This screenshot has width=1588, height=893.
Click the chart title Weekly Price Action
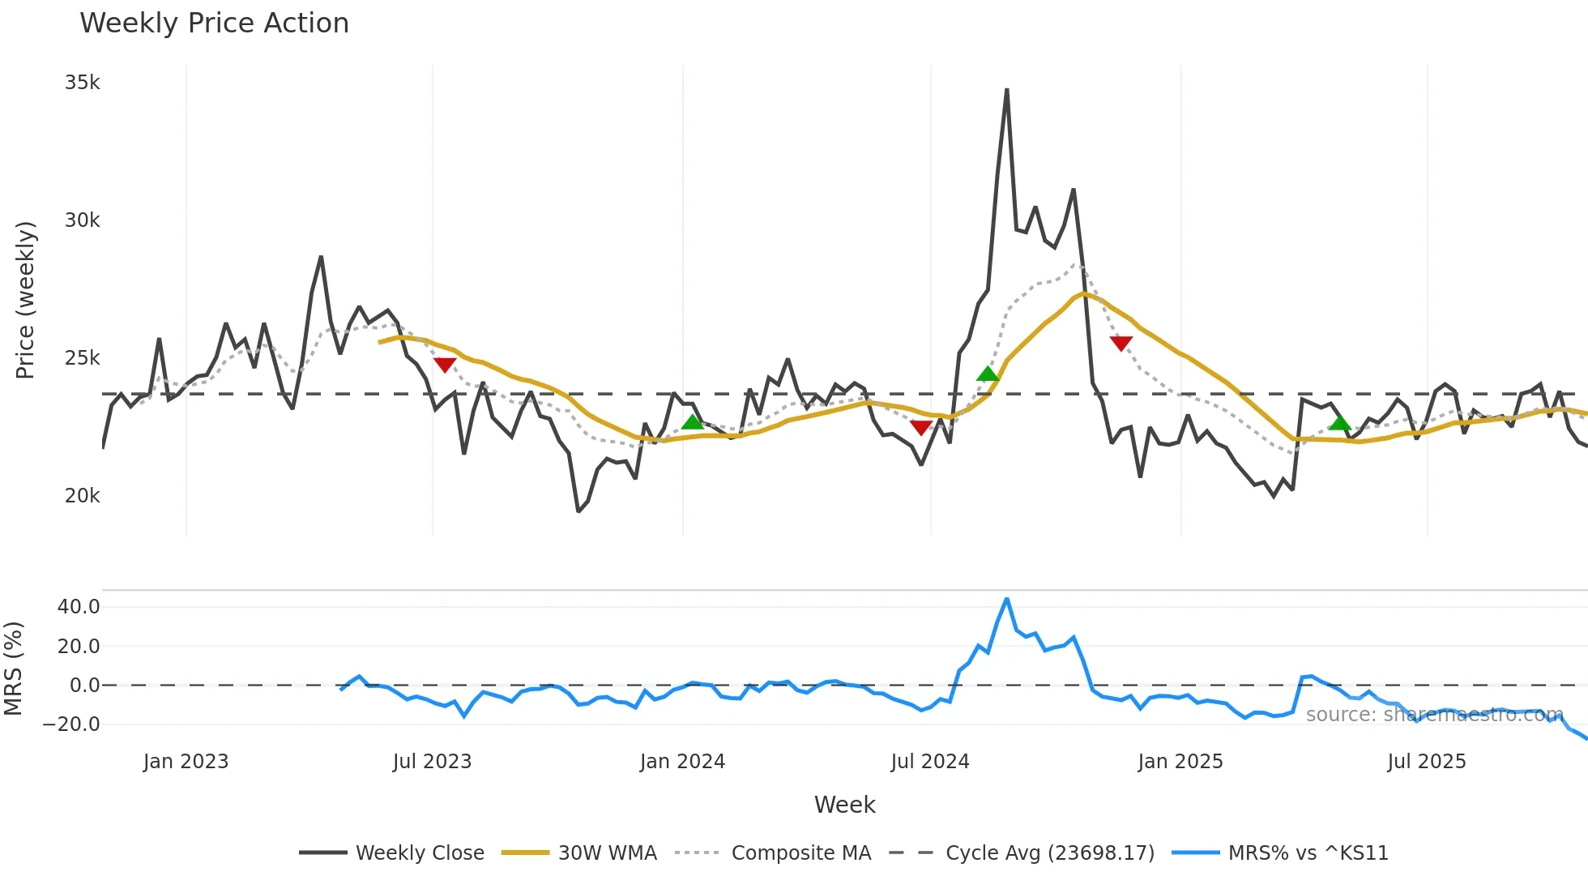coord(214,23)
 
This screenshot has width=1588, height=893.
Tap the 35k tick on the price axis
coord(82,83)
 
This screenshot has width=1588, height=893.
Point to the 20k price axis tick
coord(82,496)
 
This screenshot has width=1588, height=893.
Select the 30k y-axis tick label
coord(82,220)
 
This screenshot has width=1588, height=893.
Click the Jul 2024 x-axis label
coord(929,762)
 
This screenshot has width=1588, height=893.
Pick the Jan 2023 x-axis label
coord(186,762)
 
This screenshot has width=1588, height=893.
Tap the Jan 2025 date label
coord(1180,762)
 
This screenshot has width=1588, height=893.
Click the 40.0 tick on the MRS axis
coord(79,607)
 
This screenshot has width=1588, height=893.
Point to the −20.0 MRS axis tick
coord(72,724)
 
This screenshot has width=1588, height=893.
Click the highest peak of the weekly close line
coord(1006,90)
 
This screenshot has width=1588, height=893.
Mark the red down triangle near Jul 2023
coord(445,365)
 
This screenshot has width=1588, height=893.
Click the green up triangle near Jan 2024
coord(692,421)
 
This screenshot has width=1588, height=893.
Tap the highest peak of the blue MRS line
coord(1006,600)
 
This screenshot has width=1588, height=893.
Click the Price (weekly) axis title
coord(25,300)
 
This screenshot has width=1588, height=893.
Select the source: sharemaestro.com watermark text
coord(1434,715)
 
